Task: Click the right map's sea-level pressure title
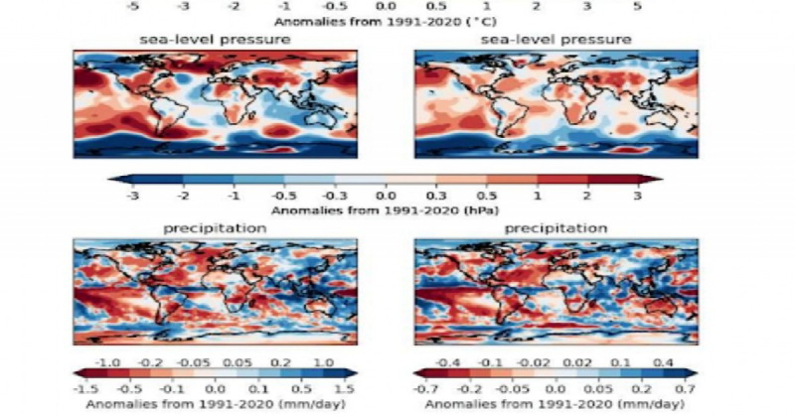(556, 39)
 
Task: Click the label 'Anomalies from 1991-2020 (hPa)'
(385, 210)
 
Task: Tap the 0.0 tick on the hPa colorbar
(385, 196)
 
